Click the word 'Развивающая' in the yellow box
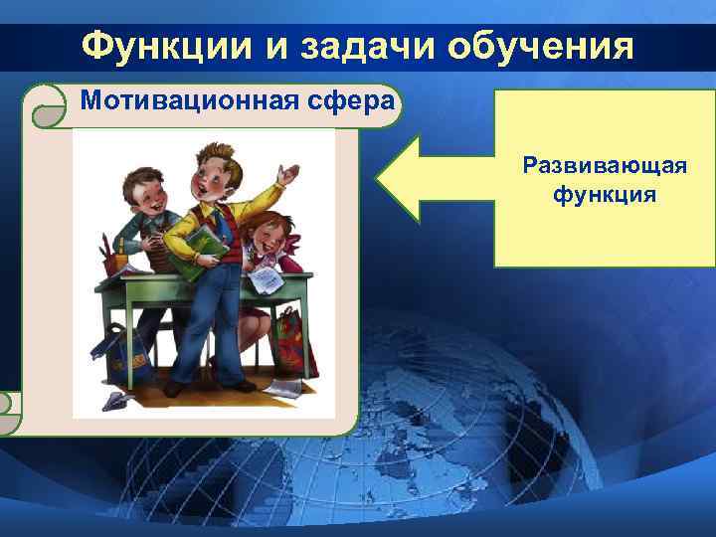[605, 164]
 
